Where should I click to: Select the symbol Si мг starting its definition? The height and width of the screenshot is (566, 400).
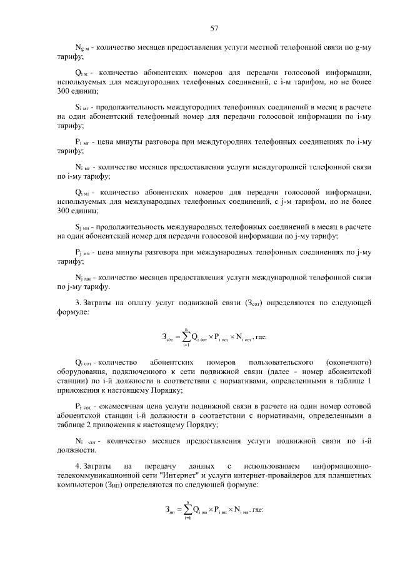[x=82, y=108]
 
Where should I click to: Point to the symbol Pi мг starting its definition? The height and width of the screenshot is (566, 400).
[x=82, y=143]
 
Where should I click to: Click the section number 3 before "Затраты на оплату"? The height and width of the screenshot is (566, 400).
[x=77, y=304]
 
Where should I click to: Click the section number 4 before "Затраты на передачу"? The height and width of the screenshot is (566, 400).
[x=77, y=467]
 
